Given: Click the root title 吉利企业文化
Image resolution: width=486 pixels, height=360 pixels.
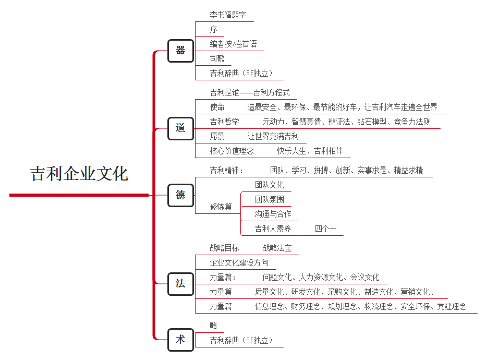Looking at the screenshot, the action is click(79, 173).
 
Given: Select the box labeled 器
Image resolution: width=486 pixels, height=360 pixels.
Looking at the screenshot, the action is click(181, 51).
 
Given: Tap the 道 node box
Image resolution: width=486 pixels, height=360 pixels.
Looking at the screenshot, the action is click(181, 128).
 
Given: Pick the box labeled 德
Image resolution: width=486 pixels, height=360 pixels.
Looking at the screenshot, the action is click(181, 195).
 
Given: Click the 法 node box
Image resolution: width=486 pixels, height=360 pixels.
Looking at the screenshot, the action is click(181, 284).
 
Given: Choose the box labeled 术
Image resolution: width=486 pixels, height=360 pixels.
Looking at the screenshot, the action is click(181, 340).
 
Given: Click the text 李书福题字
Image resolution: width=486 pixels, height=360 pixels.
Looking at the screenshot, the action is click(228, 15).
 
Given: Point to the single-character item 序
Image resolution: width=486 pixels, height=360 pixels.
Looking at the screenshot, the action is click(214, 29).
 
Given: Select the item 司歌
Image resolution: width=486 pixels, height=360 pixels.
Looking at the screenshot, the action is click(217, 58).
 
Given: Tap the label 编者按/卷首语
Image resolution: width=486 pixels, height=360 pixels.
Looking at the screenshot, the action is click(234, 44).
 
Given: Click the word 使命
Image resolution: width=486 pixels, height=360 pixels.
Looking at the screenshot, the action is click(217, 107).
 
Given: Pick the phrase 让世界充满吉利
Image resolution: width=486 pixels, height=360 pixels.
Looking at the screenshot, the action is click(273, 136).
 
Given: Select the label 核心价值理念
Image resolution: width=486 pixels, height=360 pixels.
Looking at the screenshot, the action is click(232, 151).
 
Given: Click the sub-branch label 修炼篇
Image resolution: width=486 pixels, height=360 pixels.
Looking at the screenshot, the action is click(221, 207).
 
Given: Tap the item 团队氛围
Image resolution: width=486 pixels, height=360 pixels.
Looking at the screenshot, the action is click(270, 199).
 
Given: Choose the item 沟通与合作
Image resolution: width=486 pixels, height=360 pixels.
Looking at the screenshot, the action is click(273, 214).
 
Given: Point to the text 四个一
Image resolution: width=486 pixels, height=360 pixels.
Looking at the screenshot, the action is click(326, 229).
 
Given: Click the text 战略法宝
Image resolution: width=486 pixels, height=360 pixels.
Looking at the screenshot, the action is click(277, 248).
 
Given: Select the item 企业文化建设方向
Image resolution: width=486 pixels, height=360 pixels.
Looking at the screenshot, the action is click(239, 262).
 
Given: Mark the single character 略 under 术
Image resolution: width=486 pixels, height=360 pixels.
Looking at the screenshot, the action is click(214, 326).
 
